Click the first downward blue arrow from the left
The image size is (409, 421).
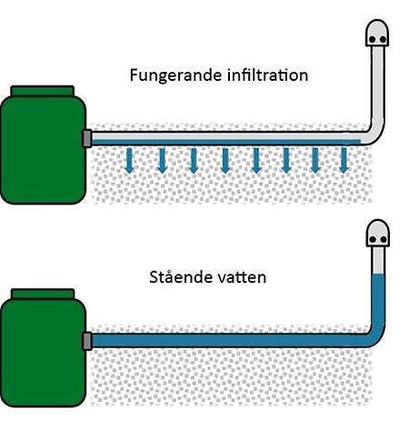tap(130, 161)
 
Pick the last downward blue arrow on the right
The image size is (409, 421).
tap(344, 161)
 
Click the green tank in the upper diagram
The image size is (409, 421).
tap(43, 145)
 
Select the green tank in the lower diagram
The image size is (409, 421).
tap(43, 348)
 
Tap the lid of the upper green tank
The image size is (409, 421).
tap(43, 91)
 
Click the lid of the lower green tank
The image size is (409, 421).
tap(43, 294)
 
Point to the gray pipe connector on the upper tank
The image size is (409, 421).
tap(87, 138)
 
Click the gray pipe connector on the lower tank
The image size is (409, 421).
tap(87, 341)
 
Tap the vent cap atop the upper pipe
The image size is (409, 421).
tap(377, 33)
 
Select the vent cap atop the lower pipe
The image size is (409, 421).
tap(378, 233)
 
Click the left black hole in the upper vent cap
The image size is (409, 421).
tap(373, 40)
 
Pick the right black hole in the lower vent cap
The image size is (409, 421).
tap(384, 239)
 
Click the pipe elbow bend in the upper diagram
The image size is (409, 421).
tap(375, 134)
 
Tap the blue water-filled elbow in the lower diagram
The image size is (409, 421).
tap(375, 336)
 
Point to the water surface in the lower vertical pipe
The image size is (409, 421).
tap(378, 275)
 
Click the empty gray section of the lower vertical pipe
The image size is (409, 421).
tap(378, 260)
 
